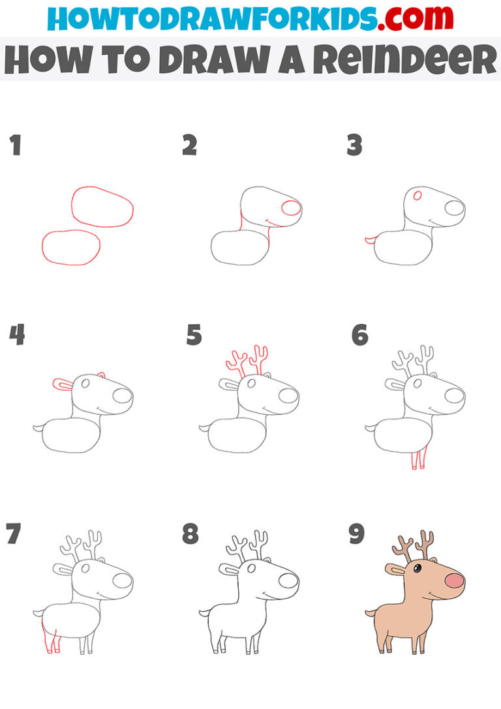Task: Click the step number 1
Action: click(15, 145)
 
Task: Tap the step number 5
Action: click(194, 336)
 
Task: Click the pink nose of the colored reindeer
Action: click(454, 581)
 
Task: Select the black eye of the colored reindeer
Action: click(416, 569)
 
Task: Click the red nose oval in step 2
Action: click(290, 208)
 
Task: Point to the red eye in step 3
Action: click(417, 195)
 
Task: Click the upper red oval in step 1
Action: click(102, 207)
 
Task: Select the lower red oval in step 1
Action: click(71, 248)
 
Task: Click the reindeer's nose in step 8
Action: click(288, 580)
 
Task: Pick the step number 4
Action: click(16, 336)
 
